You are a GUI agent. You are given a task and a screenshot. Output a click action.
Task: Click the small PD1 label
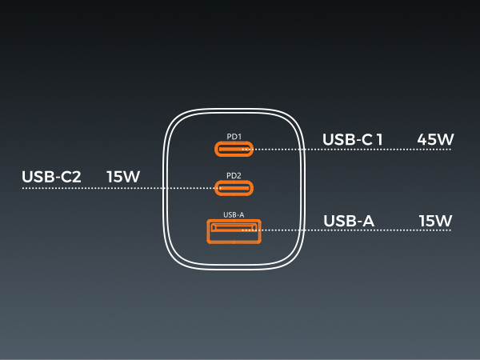click(x=234, y=137)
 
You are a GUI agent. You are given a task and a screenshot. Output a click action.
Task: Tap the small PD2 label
click(x=234, y=176)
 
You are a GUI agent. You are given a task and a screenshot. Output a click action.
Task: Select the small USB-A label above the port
click(x=234, y=215)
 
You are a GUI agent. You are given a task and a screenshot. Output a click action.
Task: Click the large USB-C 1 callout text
click(x=352, y=139)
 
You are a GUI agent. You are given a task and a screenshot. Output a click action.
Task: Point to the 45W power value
click(x=435, y=139)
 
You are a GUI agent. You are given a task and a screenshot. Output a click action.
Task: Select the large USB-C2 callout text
click(x=51, y=177)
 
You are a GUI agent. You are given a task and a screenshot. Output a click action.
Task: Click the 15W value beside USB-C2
click(x=123, y=177)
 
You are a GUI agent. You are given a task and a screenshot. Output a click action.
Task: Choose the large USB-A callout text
click(x=349, y=221)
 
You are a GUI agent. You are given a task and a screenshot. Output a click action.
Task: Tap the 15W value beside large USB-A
click(x=435, y=221)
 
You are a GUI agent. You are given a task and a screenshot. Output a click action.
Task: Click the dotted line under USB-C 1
click(x=346, y=150)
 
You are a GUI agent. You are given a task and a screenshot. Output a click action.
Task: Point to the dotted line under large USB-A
click(x=346, y=230)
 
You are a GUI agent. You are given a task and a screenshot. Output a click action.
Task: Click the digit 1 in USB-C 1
click(x=379, y=139)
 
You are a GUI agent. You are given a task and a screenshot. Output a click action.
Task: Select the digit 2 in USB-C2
click(x=76, y=177)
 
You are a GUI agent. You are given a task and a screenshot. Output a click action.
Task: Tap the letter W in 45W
click(x=445, y=139)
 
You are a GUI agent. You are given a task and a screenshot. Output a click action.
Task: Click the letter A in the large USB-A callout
click(x=367, y=221)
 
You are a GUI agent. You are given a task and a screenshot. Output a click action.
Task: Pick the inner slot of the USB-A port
click(x=234, y=227)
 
